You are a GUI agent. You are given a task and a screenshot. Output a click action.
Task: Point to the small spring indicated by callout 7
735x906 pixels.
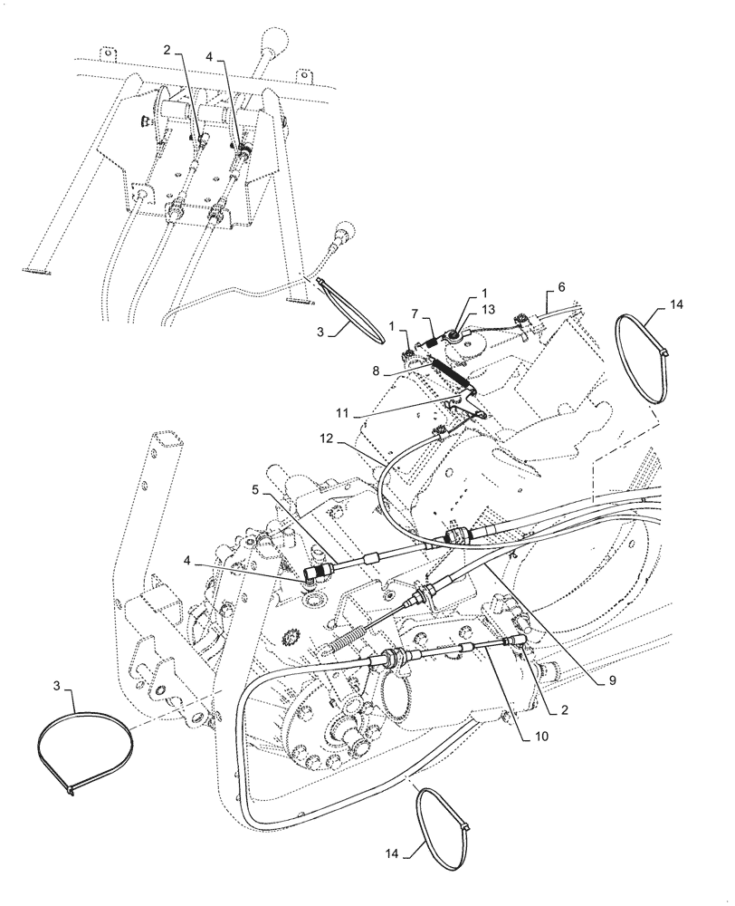click(433, 342)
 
